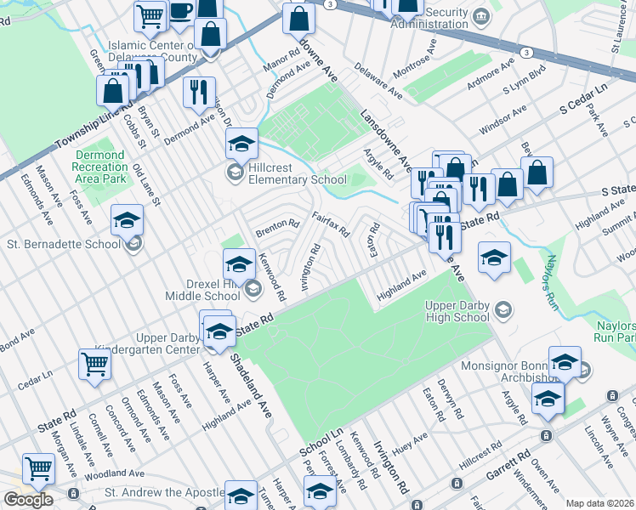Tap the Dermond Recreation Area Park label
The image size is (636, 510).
[99, 167]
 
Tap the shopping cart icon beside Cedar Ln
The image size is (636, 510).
[94, 364]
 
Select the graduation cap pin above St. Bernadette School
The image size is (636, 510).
[127, 220]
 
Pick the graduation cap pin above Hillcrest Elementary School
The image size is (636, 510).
[241, 143]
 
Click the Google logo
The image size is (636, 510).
[28, 500]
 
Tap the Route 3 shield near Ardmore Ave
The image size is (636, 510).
[528, 53]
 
